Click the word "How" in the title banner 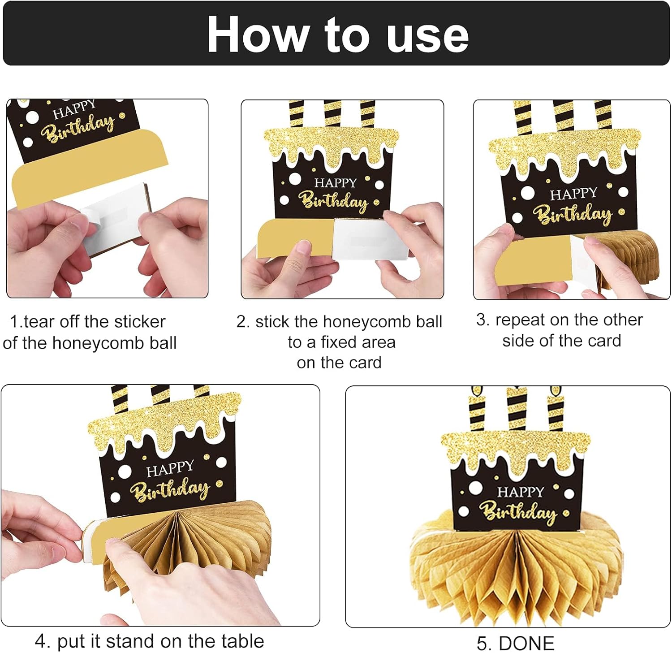[x=258, y=35]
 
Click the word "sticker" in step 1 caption [x=140, y=321]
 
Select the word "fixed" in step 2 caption [x=344, y=342]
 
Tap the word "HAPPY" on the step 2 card [x=336, y=182]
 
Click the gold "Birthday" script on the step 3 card [x=575, y=214]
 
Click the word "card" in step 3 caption [x=604, y=341]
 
